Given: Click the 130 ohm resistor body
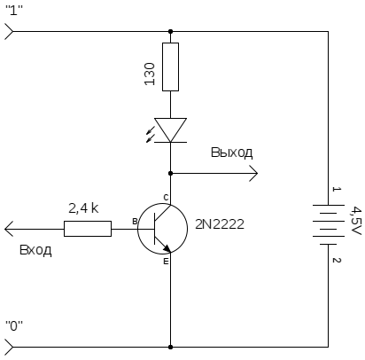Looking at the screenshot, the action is tap(170, 67).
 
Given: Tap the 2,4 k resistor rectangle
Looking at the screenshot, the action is tap(88, 229).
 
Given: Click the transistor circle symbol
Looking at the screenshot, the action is tap(137, 229).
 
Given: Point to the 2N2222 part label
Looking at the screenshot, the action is tap(220, 224).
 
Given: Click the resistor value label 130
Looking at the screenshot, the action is tap(150, 74).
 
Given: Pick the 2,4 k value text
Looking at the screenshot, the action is tap(83, 208).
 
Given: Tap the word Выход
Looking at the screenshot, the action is tap(232, 153).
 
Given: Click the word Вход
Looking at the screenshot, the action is tap(35, 250).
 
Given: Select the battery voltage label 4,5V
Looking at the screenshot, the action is tap(356, 221).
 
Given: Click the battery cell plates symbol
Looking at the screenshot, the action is tap(328, 225).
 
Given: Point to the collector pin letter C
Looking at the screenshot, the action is tap(166, 197).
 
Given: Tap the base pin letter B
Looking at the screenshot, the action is tap(135, 222).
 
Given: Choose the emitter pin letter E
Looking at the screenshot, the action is tap(166, 262).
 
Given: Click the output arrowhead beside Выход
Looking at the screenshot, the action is tap(253, 173).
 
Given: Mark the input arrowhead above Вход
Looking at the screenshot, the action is tap(9, 229).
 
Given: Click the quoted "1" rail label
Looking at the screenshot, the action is tap(14, 12).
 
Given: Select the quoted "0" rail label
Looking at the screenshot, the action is tap(14, 326).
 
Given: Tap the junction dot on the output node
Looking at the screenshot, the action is tap(170, 173).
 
